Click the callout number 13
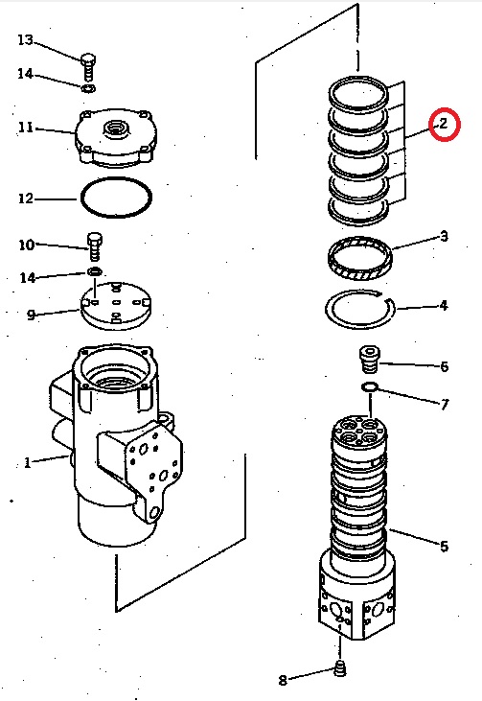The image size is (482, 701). (x=26, y=40)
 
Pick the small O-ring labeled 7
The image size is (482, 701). (x=370, y=387)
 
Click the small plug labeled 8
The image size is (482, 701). (x=339, y=670)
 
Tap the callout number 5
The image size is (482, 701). (x=444, y=547)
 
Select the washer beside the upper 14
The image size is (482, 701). (x=88, y=89)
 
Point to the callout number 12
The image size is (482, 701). (x=26, y=199)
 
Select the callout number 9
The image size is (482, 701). (x=31, y=314)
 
